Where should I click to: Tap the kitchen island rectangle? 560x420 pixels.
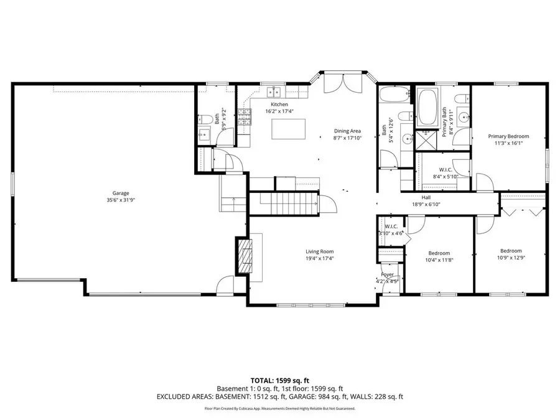(289, 129)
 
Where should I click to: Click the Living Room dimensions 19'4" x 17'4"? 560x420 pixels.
(319, 258)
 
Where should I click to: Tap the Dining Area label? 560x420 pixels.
(347, 131)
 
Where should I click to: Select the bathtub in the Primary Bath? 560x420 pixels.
(427, 108)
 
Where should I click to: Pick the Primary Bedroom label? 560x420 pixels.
(508, 136)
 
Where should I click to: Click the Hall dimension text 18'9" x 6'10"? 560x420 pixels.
(426, 204)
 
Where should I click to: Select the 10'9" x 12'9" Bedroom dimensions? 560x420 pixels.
(510, 258)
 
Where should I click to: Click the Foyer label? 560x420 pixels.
(388, 274)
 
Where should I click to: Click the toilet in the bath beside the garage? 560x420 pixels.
(204, 118)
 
